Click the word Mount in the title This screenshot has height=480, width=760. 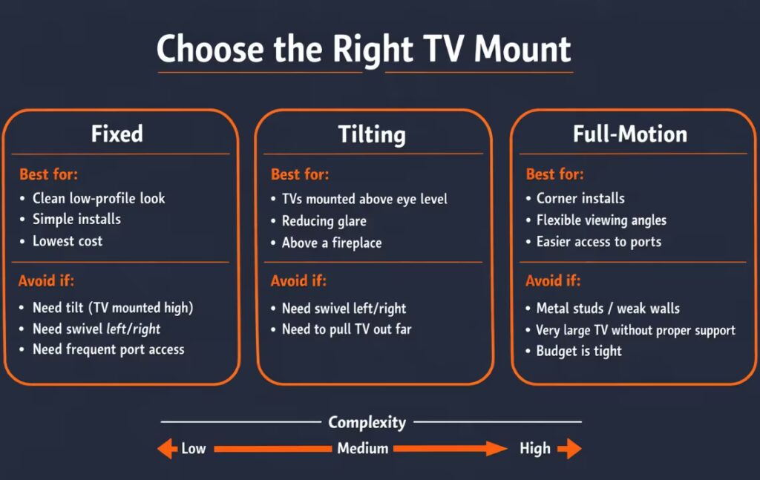(522, 49)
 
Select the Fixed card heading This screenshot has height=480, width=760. (117, 134)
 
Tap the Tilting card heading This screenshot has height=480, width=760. (372, 135)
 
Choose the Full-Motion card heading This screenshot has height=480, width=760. (630, 134)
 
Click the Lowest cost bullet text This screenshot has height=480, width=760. (68, 241)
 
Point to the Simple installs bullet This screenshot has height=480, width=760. (76, 220)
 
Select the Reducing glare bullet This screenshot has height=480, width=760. (324, 221)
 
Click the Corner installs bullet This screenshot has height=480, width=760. (580, 198)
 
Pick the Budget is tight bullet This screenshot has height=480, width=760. (579, 351)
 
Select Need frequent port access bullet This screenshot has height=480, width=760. (108, 349)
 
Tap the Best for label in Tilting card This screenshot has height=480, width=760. (300, 175)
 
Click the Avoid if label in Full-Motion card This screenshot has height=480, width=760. (553, 281)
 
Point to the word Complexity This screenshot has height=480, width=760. (367, 423)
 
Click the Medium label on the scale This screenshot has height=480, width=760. (363, 448)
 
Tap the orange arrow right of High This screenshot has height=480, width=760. (569, 448)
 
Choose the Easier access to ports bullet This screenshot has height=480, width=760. (599, 242)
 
